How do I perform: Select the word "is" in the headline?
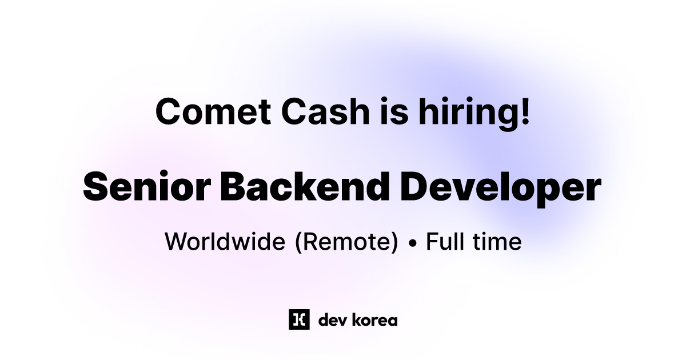tap(388, 111)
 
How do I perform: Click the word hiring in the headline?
tap(461, 113)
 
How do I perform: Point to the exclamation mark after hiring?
tap(525, 111)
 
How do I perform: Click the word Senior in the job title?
tap(145, 186)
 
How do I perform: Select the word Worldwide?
tap(225, 242)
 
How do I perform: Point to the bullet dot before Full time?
tap(412, 243)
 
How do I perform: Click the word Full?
tap(446, 242)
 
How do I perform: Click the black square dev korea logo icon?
tap(299, 319)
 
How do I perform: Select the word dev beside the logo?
tap(329, 320)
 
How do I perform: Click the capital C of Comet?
tap(168, 111)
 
